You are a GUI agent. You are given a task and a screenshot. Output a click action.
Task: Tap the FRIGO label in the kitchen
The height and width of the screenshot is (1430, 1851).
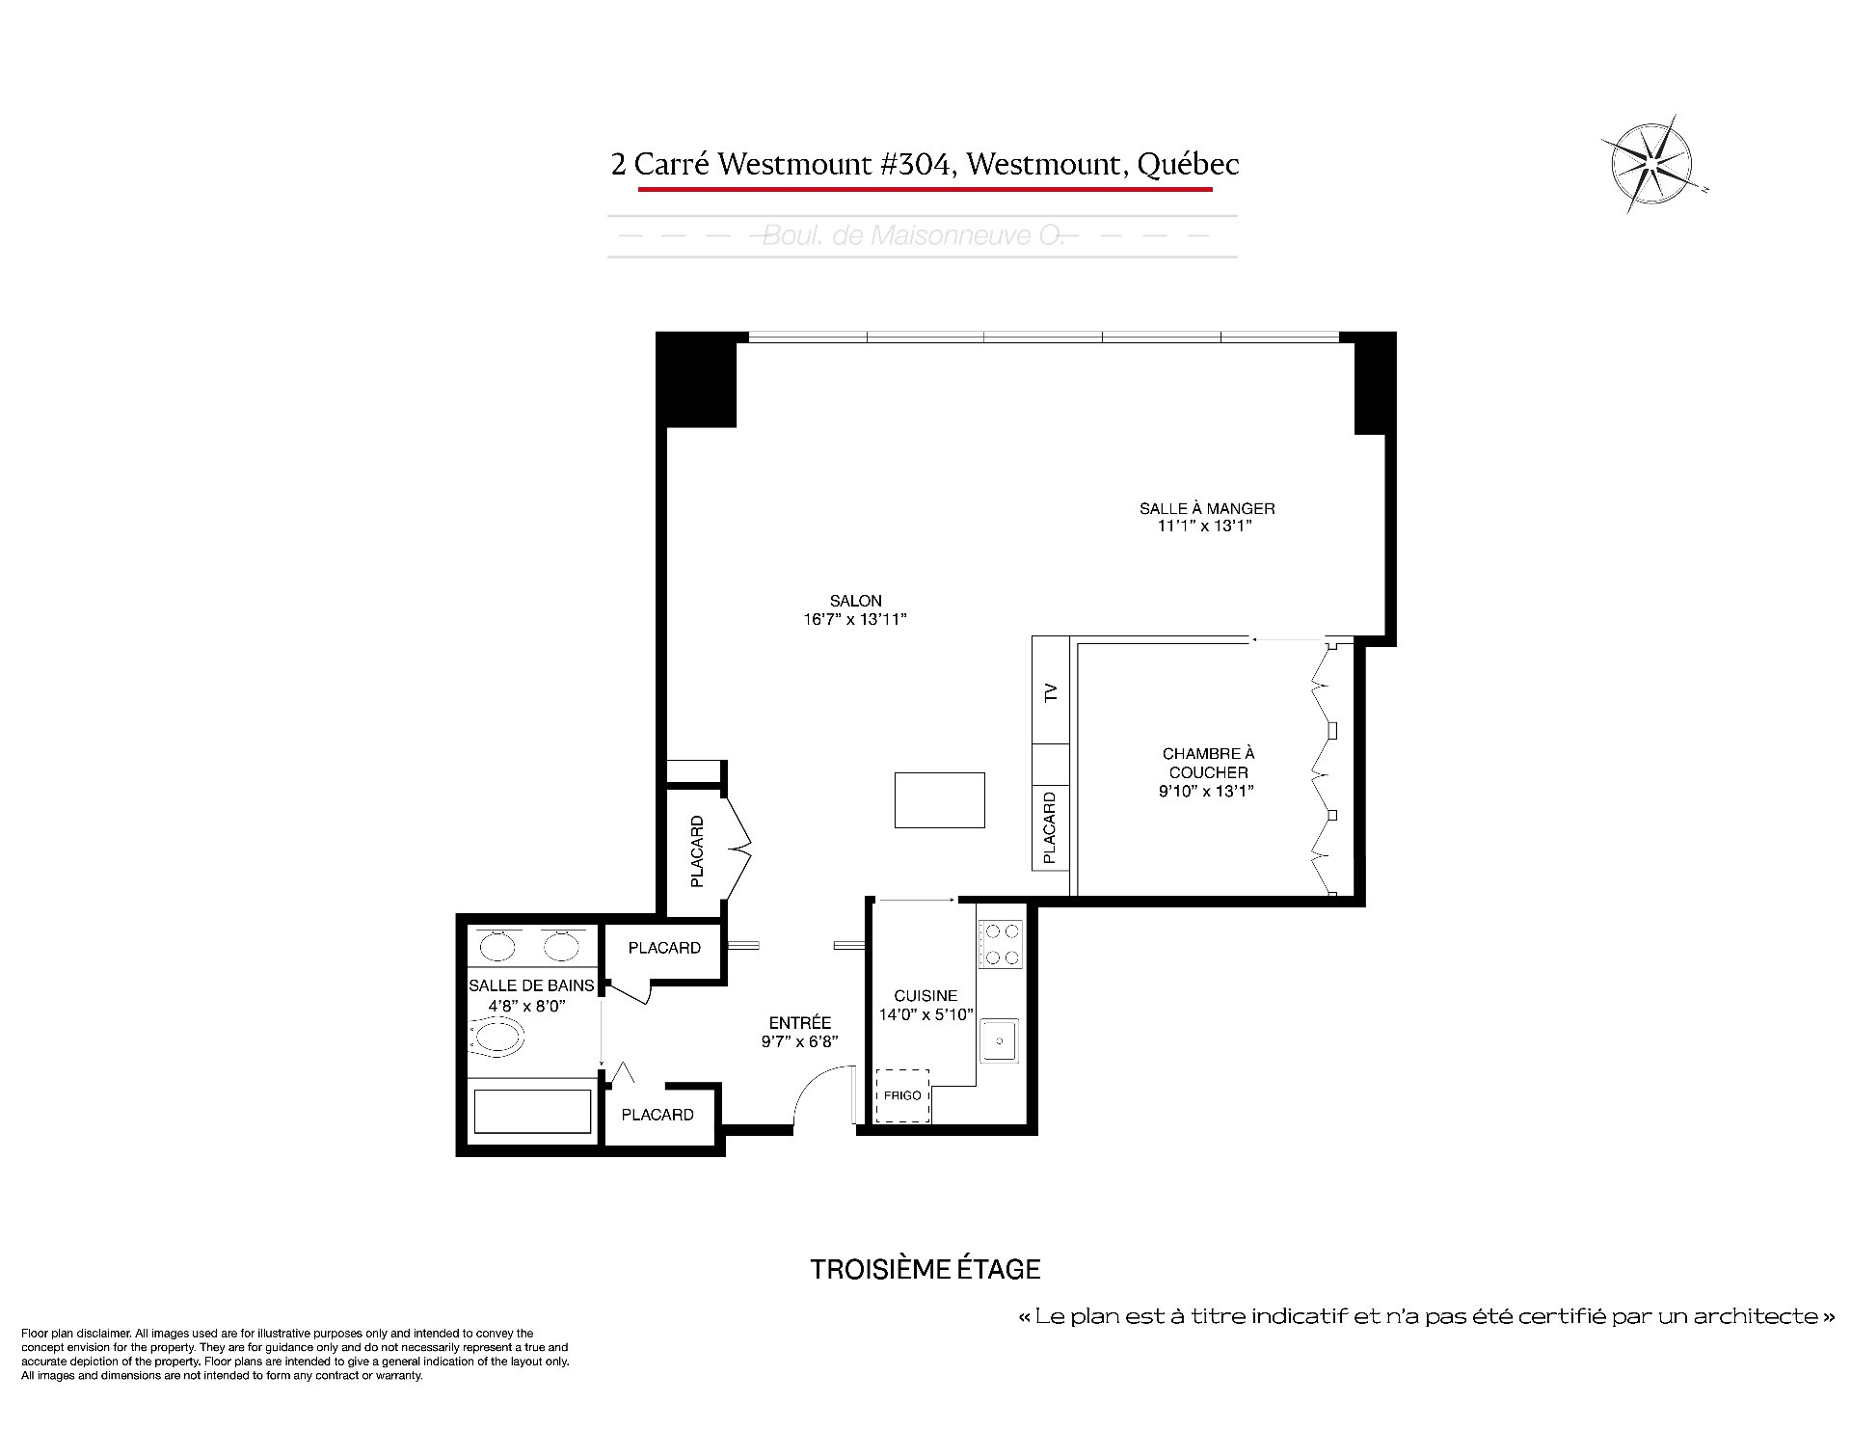(x=902, y=1095)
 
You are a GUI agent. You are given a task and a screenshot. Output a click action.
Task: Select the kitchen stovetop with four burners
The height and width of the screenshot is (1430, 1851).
(x=1000, y=944)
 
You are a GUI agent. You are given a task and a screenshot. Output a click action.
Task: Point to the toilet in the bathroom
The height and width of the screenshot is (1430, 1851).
(x=496, y=1039)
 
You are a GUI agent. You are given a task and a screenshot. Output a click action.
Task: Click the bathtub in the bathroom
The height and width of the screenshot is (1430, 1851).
(x=532, y=1111)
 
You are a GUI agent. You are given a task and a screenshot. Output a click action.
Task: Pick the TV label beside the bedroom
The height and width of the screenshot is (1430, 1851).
(x=1051, y=691)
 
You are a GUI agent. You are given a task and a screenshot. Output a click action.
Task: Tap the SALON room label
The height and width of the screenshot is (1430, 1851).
(x=856, y=601)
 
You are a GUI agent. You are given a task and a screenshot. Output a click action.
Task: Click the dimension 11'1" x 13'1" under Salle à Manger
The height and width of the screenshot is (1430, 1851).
(x=1205, y=526)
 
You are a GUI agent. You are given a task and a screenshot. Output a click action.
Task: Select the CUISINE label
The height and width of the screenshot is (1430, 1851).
(x=925, y=996)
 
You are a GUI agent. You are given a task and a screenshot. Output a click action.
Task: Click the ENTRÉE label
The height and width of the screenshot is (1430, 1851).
(x=800, y=1023)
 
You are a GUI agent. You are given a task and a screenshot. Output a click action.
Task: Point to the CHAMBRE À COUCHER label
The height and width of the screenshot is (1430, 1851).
(x=1208, y=763)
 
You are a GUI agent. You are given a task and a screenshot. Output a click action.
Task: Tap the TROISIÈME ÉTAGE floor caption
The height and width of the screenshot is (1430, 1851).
(x=925, y=1269)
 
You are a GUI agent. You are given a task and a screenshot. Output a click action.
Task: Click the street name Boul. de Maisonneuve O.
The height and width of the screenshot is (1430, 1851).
(x=913, y=235)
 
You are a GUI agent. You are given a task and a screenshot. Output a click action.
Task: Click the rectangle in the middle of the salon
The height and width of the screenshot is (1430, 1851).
(x=939, y=800)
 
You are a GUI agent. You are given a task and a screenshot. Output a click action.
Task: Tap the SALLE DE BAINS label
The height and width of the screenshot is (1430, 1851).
(x=531, y=985)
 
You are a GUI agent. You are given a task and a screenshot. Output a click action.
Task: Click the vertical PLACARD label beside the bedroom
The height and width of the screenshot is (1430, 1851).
(x=1050, y=827)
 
